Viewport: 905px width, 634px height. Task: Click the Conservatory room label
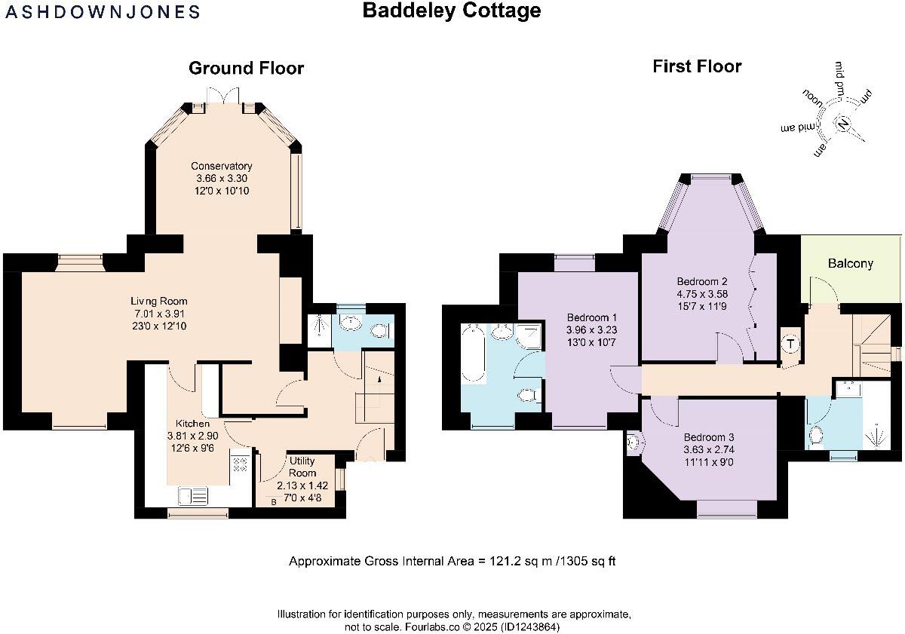click(221, 166)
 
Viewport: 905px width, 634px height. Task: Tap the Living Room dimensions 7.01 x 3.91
click(160, 314)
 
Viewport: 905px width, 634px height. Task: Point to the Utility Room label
click(302, 467)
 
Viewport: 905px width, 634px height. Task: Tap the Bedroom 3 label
click(708, 437)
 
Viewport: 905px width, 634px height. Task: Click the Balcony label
click(850, 264)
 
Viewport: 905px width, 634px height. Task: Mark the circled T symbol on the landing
click(790, 345)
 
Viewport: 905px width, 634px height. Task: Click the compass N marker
click(844, 124)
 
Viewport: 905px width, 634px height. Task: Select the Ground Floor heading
click(246, 69)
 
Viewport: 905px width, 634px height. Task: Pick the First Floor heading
click(696, 66)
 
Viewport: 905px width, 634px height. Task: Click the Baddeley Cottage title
click(452, 11)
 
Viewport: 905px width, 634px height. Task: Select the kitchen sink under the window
click(193, 495)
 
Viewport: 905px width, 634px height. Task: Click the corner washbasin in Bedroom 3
click(632, 444)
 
